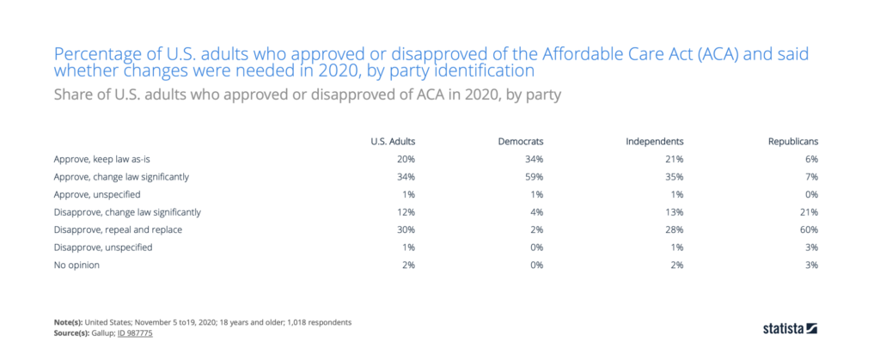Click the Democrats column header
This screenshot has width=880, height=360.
coord(521,140)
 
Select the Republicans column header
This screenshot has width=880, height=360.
coord(791,140)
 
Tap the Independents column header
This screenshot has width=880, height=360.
coord(654,140)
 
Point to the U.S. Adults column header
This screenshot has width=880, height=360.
coord(393,140)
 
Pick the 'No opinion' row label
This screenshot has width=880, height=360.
coord(76,265)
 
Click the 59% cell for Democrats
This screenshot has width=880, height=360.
coord(535,177)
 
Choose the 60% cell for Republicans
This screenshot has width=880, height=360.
coord(808,229)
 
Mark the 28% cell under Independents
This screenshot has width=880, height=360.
coord(674,229)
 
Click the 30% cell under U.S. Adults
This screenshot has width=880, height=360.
coord(406,229)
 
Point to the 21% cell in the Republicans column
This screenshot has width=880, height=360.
coord(808,212)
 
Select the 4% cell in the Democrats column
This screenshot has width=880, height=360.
coord(538,212)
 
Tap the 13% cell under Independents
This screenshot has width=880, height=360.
coord(674,212)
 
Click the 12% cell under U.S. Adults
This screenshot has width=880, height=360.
coord(406,212)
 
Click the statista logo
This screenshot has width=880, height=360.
coord(790,328)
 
